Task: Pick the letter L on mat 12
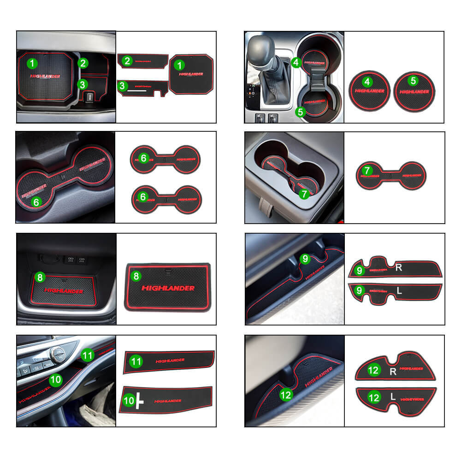point(393,396)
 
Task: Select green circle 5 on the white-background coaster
point(413,80)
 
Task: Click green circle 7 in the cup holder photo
point(304,194)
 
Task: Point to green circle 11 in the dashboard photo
point(87,355)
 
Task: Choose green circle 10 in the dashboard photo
point(55,380)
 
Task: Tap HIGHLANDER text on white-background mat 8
point(168,288)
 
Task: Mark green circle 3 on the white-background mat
point(123,85)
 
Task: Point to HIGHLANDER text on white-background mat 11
point(170,360)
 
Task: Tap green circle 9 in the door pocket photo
point(305,259)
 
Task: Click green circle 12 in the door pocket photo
point(286,394)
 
